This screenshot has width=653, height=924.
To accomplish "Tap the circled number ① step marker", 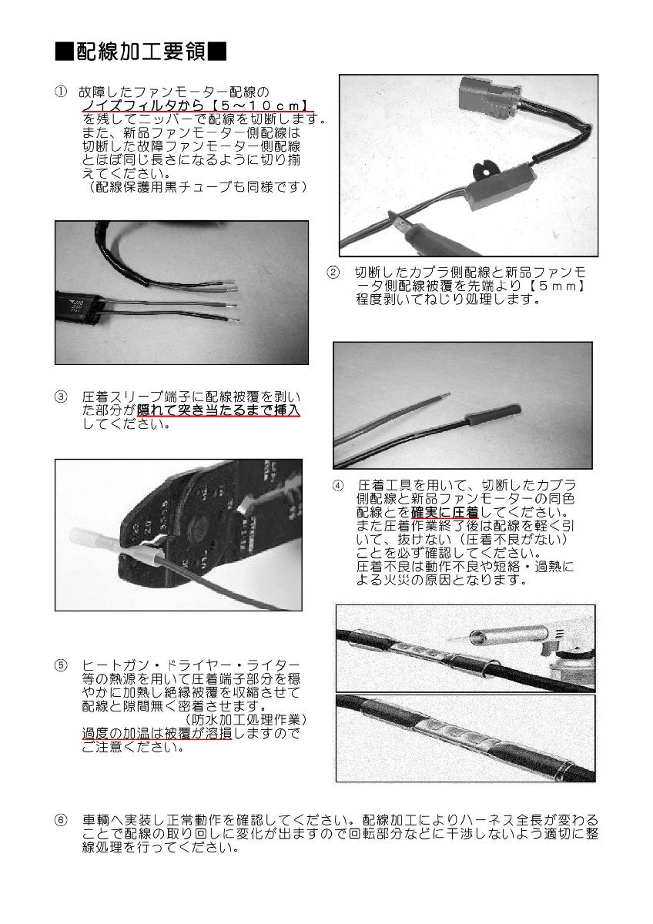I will [x=62, y=92].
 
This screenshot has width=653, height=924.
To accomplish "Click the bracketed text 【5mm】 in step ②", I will [x=562, y=286].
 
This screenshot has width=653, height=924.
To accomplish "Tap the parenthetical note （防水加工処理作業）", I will [x=246, y=719].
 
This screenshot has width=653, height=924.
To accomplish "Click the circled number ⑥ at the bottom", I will [x=62, y=820].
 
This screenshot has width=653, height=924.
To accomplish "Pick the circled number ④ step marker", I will [x=338, y=486].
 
